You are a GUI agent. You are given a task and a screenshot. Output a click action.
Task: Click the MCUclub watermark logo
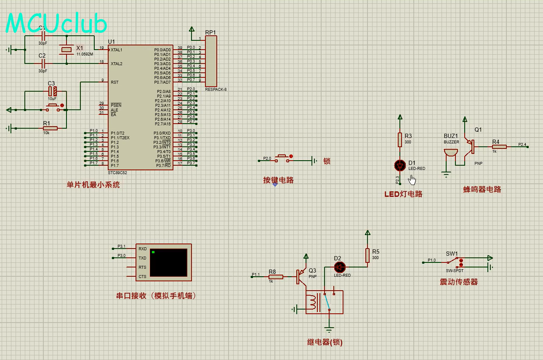coord(56,24)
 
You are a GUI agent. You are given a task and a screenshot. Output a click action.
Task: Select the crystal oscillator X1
coord(67,50)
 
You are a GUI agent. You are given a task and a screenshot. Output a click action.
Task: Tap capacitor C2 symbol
coord(42,64)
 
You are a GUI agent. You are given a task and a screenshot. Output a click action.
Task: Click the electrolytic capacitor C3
coord(52,91)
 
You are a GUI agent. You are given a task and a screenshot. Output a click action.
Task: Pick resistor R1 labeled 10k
coord(50,128)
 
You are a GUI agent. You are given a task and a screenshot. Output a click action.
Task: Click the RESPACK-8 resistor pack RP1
coord(211,61)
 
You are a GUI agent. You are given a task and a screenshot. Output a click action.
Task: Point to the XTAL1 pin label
coord(117,50)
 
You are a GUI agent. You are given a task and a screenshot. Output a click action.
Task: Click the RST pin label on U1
coord(114,82)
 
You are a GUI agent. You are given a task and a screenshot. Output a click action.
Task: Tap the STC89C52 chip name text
coord(117,173)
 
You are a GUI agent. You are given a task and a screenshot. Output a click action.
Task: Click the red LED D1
coord(400,166)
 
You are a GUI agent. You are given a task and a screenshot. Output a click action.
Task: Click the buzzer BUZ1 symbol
coord(451,154)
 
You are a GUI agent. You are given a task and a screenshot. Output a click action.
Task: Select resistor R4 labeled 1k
coord(499,147)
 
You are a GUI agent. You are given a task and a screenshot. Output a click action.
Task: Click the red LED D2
coord(340,267)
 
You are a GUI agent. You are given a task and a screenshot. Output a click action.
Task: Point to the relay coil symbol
coord(312,302)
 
